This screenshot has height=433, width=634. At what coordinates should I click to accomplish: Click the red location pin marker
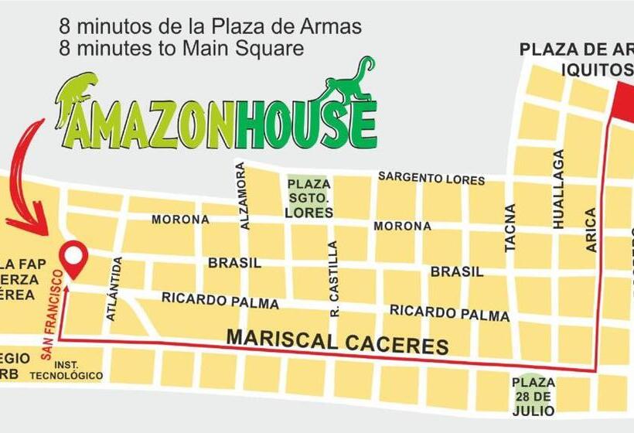pos(74,257)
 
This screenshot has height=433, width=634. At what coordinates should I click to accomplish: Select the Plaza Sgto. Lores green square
pos(308,197)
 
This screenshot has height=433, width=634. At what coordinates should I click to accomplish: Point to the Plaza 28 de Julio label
pos(533,394)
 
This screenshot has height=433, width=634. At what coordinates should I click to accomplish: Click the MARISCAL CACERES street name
pos(337,340)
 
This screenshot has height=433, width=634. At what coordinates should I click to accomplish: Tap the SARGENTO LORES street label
pos(431,179)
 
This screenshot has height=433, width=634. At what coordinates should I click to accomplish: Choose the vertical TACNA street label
pos(510,228)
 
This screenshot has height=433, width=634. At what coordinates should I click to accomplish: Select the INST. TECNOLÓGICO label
pos(66,370)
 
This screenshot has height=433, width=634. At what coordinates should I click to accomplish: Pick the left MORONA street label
pos(179,220)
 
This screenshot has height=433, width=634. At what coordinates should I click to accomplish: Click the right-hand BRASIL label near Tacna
pos(456,272)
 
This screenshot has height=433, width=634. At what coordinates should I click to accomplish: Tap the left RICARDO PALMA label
pos(220,300)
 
